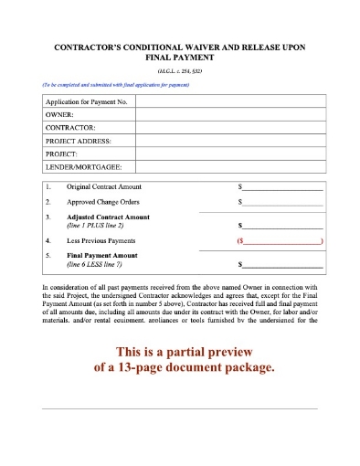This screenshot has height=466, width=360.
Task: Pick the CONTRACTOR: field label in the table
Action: pyautogui.click(x=70, y=129)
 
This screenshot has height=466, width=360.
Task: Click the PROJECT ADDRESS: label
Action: pyautogui.click(x=78, y=142)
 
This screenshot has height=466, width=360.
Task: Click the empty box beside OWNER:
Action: pyautogui.click(x=229, y=115)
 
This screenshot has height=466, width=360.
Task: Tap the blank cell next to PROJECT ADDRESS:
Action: pyautogui.click(x=229, y=142)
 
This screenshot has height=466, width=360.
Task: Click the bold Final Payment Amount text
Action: pyautogui.click(x=102, y=256)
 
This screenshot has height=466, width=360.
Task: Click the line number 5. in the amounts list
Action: pyautogui.click(x=48, y=256)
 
